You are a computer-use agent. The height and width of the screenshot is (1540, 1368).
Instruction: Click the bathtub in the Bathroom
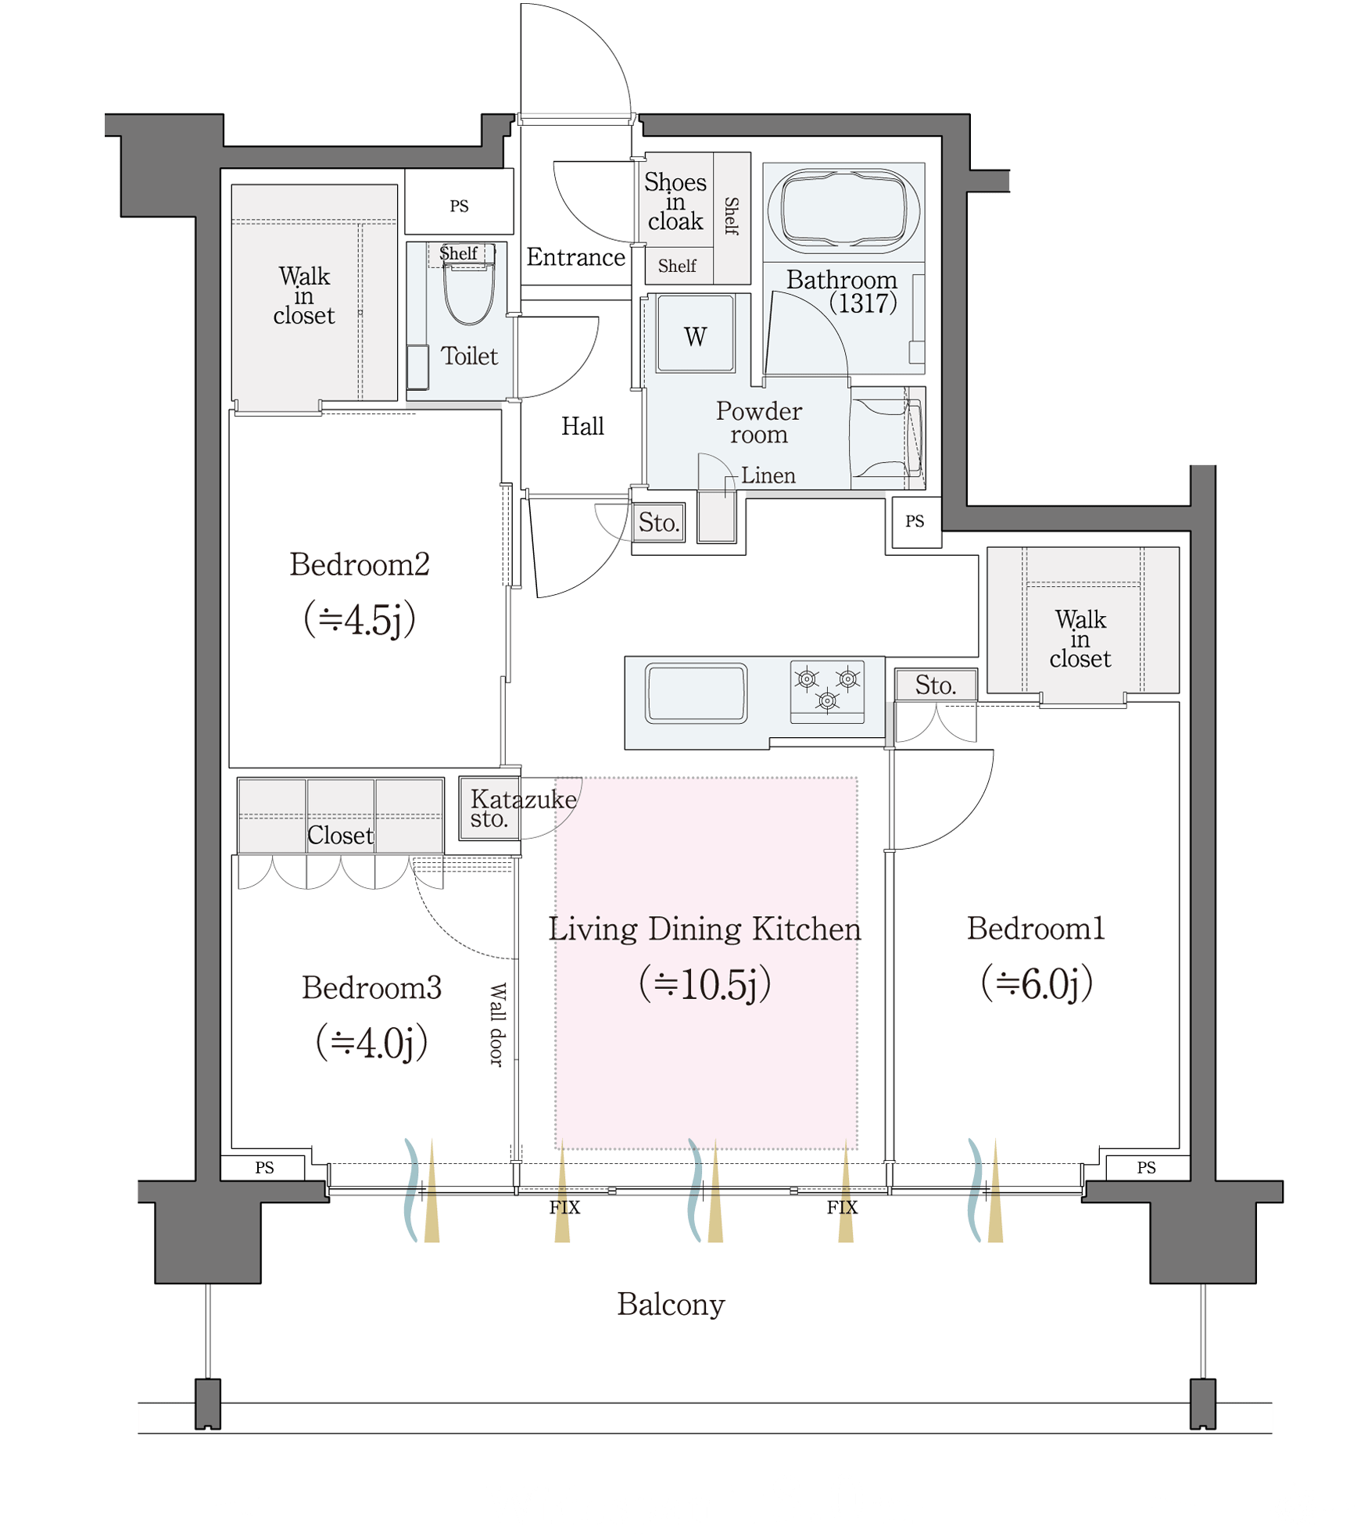click(x=843, y=210)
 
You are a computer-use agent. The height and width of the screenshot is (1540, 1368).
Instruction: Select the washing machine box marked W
click(x=695, y=333)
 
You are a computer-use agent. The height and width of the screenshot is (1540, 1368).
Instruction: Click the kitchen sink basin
click(x=695, y=692)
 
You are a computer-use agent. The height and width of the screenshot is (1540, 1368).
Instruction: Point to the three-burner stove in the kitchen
click(x=827, y=691)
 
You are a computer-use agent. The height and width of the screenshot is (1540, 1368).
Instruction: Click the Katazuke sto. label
click(x=523, y=808)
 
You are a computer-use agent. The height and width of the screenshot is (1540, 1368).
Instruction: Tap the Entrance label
click(x=575, y=257)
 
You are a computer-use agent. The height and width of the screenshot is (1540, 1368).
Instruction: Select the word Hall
click(x=582, y=426)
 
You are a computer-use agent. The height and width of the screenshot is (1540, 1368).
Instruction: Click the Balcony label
click(x=671, y=1304)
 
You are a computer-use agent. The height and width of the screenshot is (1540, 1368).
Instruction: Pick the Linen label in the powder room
click(x=768, y=475)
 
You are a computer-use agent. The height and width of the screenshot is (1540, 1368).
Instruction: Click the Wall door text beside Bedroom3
click(x=497, y=1024)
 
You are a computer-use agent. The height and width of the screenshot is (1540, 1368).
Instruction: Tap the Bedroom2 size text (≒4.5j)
click(x=359, y=619)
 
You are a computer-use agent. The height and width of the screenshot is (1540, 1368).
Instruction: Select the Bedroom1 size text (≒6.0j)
click(x=1037, y=983)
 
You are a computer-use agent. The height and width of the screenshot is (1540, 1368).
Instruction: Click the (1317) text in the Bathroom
click(x=862, y=303)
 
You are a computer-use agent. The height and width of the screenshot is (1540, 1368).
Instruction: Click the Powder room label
click(x=758, y=422)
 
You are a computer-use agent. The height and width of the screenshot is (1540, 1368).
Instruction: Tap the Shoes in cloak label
click(x=675, y=202)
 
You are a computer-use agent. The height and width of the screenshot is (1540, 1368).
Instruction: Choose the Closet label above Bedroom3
click(x=340, y=835)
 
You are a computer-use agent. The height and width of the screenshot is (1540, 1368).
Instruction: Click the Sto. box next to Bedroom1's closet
click(x=936, y=685)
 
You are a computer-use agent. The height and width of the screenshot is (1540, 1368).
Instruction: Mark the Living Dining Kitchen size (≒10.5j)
click(x=705, y=983)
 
